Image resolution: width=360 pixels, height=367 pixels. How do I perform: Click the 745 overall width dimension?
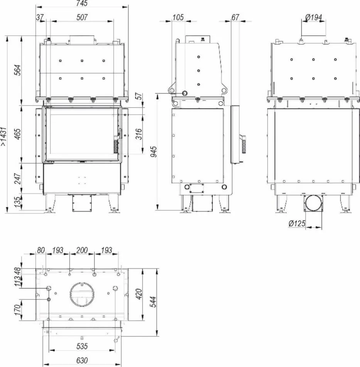click(82, 3)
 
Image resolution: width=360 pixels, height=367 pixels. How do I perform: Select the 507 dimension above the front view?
click(82, 17)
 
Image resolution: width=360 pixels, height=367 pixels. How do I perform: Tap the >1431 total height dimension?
click(4, 137)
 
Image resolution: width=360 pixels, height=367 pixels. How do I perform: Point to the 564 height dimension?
click(18, 70)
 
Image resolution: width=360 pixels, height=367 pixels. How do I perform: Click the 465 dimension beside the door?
click(18, 134)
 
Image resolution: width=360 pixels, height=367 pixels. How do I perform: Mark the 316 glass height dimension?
click(139, 134)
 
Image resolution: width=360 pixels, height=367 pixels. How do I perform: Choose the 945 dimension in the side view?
click(154, 152)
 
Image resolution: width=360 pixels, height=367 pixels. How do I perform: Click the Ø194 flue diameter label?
click(314, 17)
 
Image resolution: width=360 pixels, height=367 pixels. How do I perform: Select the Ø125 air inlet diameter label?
click(297, 224)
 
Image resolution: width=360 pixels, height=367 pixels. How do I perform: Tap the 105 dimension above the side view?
click(178, 17)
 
